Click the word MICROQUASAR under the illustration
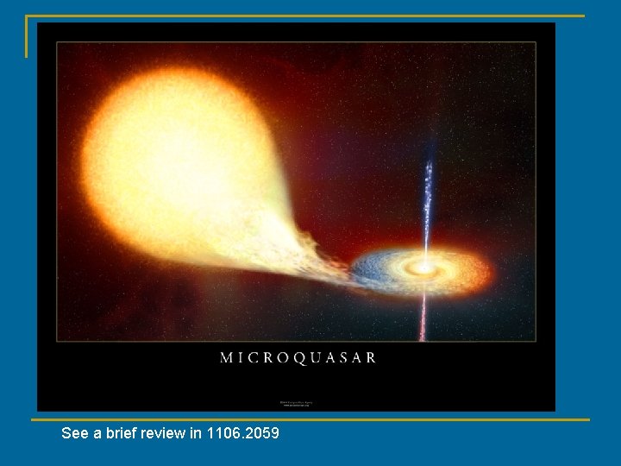pos(298,357)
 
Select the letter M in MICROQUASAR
pos(227,357)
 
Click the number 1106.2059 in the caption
pos(242,433)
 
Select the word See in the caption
pos(74,433)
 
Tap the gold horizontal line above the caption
pos(310,420)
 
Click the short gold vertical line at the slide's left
pos(27,36)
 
